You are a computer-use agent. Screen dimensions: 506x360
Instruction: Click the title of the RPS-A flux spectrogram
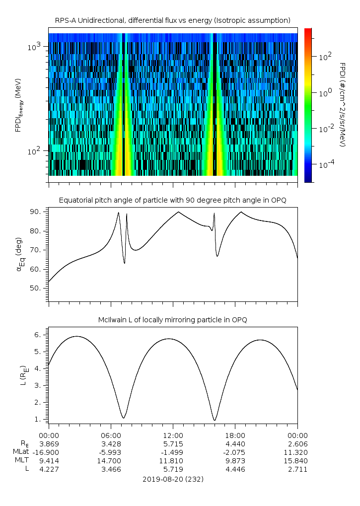(173, 20)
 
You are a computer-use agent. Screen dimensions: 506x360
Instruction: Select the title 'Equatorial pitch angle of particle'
(173, 200)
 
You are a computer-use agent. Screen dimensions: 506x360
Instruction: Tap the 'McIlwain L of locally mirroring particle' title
(173, 320)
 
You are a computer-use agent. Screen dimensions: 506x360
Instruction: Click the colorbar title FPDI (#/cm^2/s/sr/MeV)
(343, 105)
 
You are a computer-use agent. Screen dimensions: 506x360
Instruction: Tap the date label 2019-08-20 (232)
(173, 479)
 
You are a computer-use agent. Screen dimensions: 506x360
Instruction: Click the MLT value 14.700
(111, 461)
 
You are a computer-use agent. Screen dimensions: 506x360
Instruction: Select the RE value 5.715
(173, 443)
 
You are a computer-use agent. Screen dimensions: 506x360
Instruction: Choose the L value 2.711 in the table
(297, 469)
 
